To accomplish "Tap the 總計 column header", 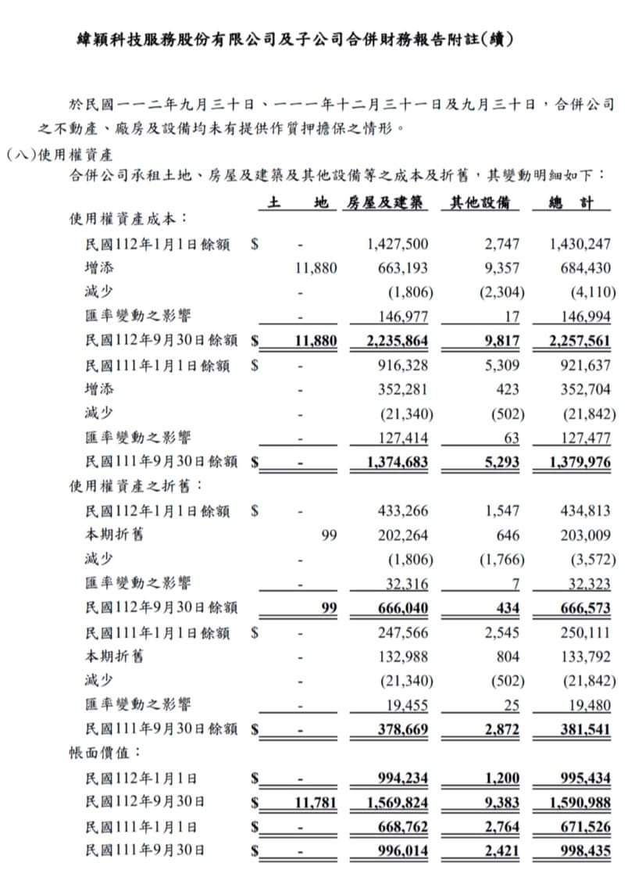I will (570, 202).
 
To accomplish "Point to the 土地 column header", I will (297, 202).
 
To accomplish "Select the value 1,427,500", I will (398, 244).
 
